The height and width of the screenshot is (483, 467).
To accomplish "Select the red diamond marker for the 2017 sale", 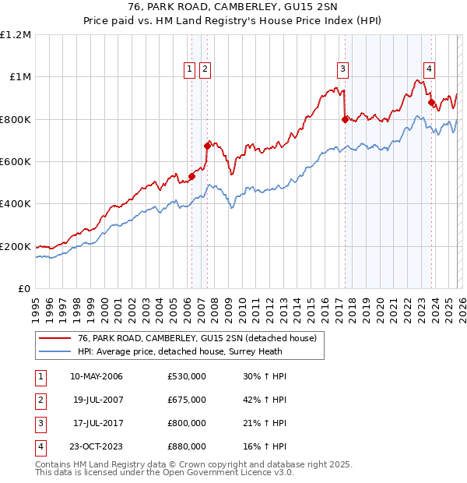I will [x=345, y=119].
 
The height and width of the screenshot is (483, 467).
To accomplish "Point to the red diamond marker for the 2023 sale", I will [x=431, y=102].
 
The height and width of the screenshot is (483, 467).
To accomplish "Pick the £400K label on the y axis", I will [x=16, y=204].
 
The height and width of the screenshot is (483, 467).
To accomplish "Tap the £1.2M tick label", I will [x=16, y=35].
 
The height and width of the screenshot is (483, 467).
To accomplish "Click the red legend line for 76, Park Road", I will [x=55, y=338].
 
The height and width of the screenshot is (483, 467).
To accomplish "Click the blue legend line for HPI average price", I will [x=55, y=351].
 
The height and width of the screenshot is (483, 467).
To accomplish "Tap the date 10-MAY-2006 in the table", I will [x=97, y=377].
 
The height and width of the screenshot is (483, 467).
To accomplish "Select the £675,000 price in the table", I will [x=187, y=400].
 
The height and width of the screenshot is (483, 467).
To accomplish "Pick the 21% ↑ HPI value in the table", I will [x=265, y=423].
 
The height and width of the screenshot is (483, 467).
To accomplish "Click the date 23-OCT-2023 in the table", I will [x=97, y=446].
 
